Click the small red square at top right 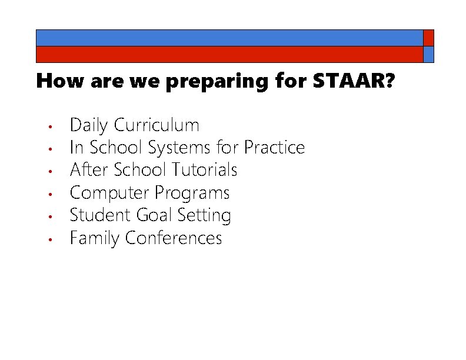428,38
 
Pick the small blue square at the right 428,54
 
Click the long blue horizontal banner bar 229,38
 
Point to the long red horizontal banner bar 229,54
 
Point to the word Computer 109,193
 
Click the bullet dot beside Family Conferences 52,239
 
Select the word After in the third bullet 87,170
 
